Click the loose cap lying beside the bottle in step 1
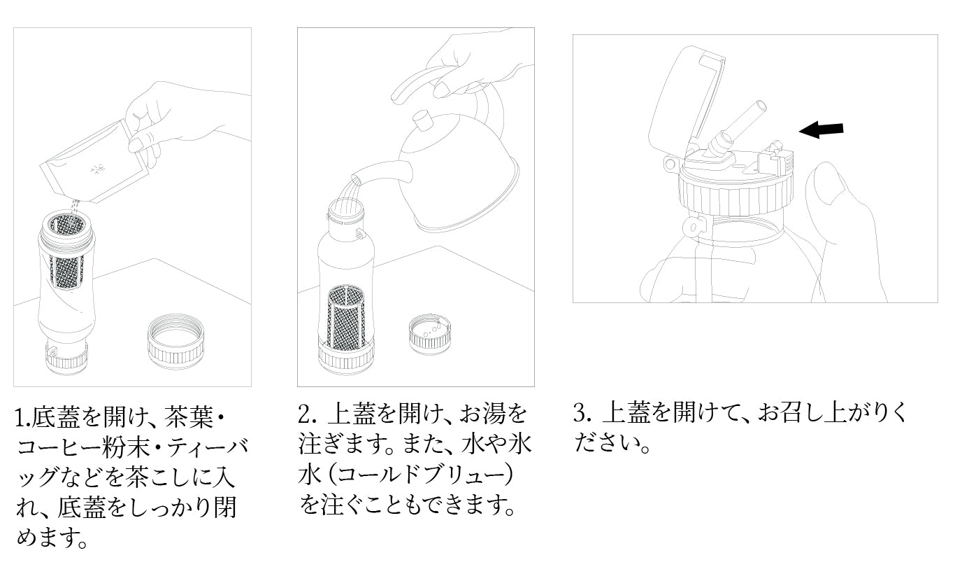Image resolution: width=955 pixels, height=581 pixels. click(x=178, y=342)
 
